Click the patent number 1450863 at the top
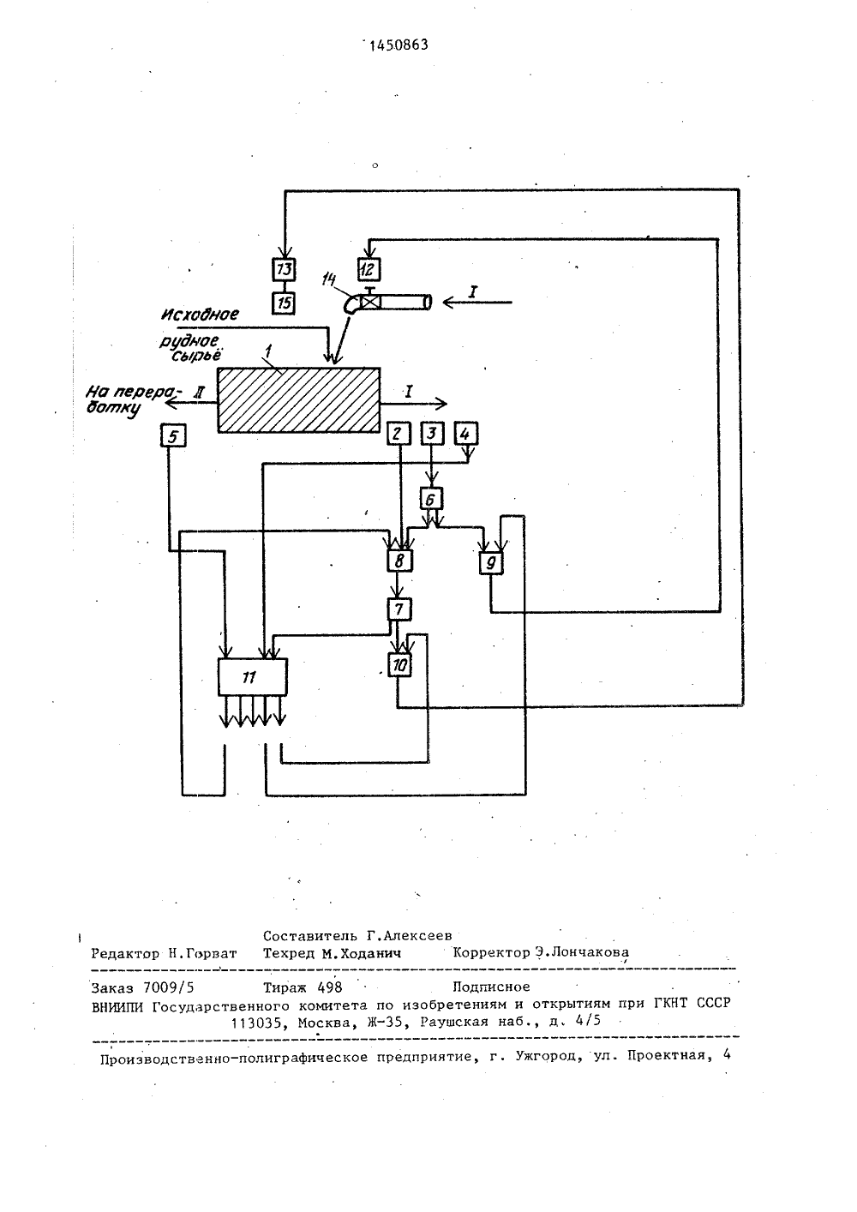399,45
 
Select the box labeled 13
284,269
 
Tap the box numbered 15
284,303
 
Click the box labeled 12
369,269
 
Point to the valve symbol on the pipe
369,303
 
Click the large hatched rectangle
298,399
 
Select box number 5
173,435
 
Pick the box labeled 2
399,434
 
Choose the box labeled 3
432,434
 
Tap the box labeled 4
466,434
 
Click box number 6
431,498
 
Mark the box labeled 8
400,561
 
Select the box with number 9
491,562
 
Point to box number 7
400,609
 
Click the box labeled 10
400,664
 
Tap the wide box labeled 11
252,676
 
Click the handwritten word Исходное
201,314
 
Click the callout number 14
329,279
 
